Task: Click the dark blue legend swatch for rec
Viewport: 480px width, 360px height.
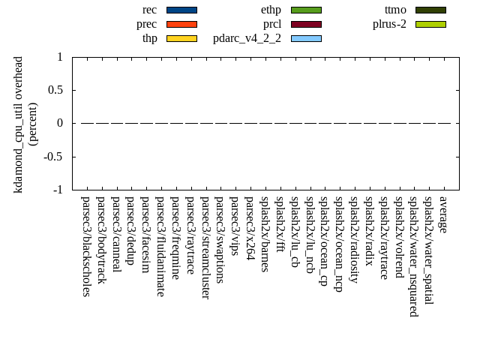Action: [x=181, y=10]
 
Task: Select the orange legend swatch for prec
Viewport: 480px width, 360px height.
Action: [x=181, y=24]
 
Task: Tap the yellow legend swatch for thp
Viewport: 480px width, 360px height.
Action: [x=181, y=38]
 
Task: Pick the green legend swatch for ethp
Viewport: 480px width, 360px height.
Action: [x=306, y=10]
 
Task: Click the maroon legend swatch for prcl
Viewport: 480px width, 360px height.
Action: [x=306, y=24]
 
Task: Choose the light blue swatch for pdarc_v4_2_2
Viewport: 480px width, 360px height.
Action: [x=306, y=38]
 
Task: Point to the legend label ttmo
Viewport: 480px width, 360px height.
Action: [x=395, y=10]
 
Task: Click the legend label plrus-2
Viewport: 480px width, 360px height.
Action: [x=389, y=24]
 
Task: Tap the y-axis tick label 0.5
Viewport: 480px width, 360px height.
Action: [x=55, y=90]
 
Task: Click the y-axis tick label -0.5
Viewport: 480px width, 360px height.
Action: [x=53, y=157]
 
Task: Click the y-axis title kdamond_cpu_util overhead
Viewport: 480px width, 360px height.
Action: [x=19, y=124]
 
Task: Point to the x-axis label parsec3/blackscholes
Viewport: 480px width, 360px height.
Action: [x=86, y=246]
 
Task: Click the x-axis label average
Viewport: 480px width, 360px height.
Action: [x=443, y=214]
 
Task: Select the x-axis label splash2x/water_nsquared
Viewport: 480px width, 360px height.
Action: [x=414, y=256]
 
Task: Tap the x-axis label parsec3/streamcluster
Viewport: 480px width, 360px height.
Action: [x=205, y=247]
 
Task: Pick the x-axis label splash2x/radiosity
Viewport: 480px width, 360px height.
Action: [x=354, y=239]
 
